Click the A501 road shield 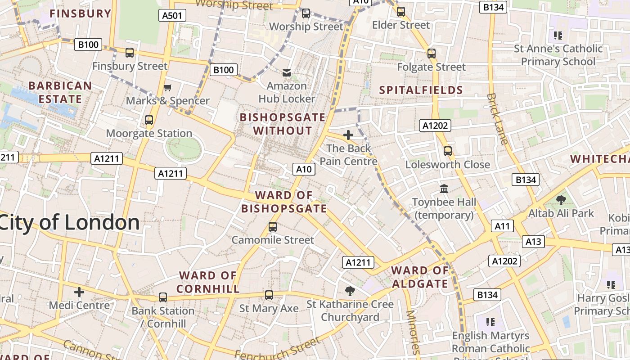point(172,16)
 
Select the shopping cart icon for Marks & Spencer point(168,87)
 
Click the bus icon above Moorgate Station point(149,120)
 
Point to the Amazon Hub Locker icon point(287,73)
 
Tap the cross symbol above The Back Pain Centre point(348,135)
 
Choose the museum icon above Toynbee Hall point(444,189)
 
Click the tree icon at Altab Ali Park point(561,200)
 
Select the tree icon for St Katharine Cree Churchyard point(350,291)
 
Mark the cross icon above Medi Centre point(79,292)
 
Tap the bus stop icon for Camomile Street point(273,227)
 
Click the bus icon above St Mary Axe point(269,295)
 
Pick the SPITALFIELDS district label point(421,90)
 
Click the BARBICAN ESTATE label point(60,92)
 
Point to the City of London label point(70,223)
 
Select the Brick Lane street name point(498,119)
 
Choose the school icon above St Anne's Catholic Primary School point(558,35)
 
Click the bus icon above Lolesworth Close point(447,151)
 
